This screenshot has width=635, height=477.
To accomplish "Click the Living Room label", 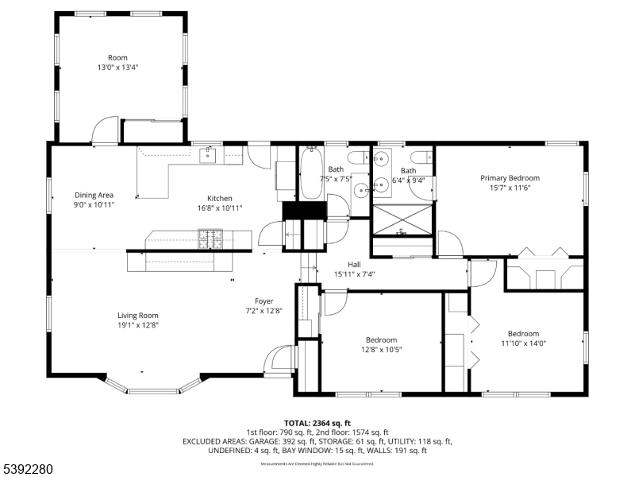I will tap(138, 316).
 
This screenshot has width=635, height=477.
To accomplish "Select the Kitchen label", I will tap(220, 198).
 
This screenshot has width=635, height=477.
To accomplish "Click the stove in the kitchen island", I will tap(210, 236).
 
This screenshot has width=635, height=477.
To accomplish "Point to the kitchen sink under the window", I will tap(209, 153).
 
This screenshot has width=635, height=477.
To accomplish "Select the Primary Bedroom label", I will tap(510, 178).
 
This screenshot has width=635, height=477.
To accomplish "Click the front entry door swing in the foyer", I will tap(279, 359).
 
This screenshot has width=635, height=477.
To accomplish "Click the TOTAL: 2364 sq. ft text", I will tap(317, 423).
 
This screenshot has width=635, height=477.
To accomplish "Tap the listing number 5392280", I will tap(29, 470).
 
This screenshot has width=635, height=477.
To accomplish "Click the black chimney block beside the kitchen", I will tap(306, 210).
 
